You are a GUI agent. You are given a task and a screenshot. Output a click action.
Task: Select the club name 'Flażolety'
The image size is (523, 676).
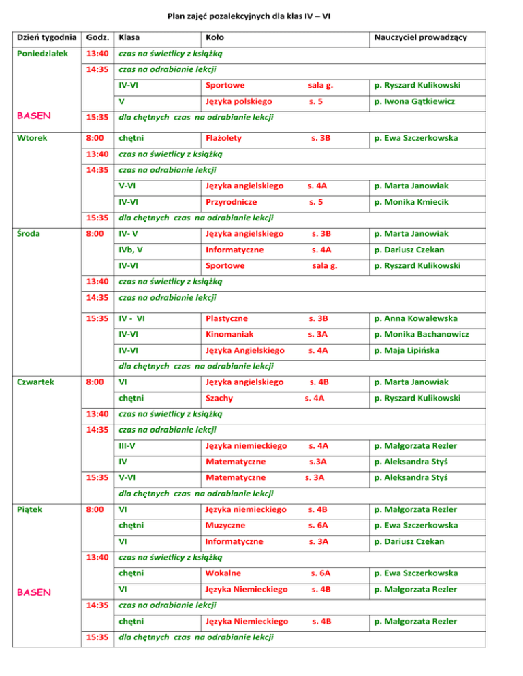[224, 138]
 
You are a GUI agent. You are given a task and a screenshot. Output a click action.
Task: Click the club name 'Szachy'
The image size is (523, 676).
[219, 398]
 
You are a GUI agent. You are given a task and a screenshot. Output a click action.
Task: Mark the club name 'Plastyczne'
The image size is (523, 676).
[227, 318]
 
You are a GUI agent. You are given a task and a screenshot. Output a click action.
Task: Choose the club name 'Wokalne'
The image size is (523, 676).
[221, 573]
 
